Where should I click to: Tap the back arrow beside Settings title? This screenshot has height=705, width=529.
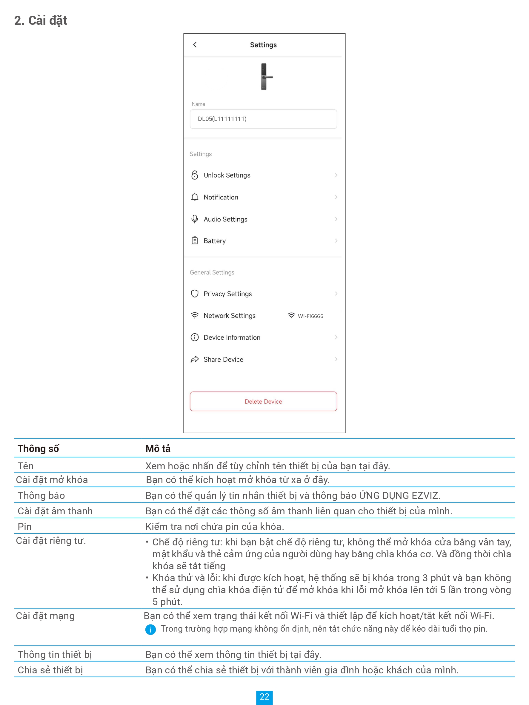[195, 45]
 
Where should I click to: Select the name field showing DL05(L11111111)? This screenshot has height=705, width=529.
[263, 119]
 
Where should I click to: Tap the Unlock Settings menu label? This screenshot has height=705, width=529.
[227, 175]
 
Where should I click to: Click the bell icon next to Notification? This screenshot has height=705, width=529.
[195, 197]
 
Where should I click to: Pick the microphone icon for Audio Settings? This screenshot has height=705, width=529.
[195, 219]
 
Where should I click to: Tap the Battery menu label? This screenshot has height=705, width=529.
[214, 241]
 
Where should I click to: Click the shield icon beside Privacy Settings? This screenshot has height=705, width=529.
[195, 294]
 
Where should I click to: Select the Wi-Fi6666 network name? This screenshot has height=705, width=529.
[310, 316]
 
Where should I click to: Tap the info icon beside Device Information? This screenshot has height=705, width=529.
[195, 337]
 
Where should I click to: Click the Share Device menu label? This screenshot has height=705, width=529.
[223, 360]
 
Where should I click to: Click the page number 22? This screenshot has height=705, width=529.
[264, 696]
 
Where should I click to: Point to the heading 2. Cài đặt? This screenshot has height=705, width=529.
[41, 21]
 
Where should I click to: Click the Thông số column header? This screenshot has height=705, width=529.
[38, 448]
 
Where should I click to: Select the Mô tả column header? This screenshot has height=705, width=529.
[158, 448]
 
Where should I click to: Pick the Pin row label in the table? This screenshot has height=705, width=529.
[24, 527]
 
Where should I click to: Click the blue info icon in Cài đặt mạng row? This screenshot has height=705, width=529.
[150, 630]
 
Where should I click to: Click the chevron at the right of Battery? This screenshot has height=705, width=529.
[336, 241]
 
